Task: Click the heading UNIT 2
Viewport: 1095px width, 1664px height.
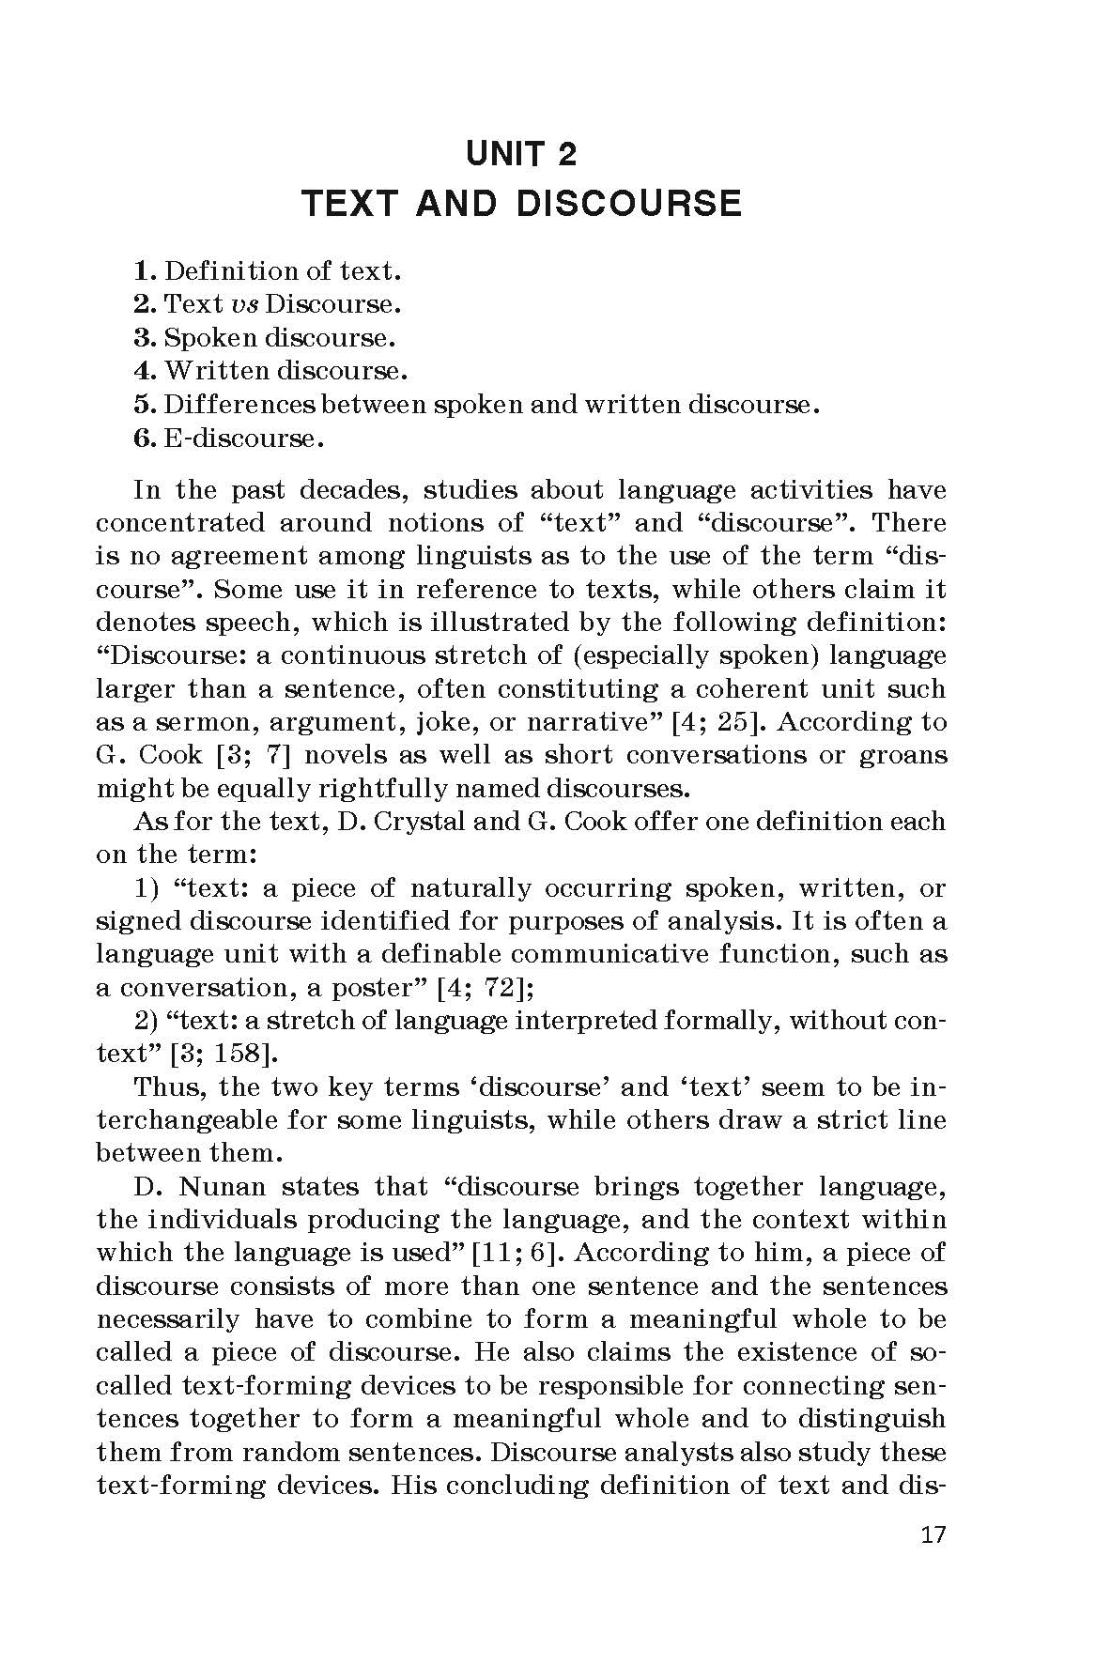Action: (521, 153)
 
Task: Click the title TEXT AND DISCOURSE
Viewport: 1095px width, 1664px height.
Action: (521, 204)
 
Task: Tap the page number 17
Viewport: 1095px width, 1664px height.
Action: (933, 1535)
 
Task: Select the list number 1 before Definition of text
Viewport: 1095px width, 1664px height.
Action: (144, 271)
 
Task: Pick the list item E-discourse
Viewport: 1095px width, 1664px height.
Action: (238, 438)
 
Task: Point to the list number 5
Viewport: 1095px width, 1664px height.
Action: (144, 405)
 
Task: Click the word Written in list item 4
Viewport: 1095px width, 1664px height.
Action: (217, 371)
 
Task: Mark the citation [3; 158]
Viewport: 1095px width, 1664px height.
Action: (224, 1054)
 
